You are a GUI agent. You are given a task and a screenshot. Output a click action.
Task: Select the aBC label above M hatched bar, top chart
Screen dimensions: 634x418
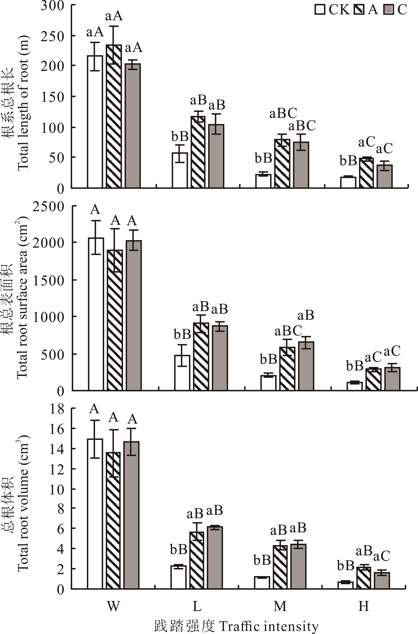click(283, 114)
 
